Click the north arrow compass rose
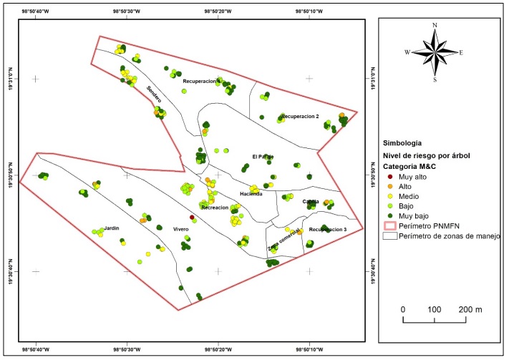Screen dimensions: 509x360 (x=435, y=52)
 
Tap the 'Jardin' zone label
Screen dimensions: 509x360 (x=111, y=228)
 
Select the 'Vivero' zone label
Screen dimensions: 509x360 (x=180, y=229)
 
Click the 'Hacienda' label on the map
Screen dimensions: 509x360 (x=251, y=194)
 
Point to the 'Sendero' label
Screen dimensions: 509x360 (x=154, y=94)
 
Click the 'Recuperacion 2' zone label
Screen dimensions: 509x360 (x=300, y=116)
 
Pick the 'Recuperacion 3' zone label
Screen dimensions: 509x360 (x=328, y=230)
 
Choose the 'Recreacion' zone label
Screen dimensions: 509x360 (x=215, y=208)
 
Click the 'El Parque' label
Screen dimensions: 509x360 (x=263, y=157)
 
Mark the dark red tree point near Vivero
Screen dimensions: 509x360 (x=192, y=218)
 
